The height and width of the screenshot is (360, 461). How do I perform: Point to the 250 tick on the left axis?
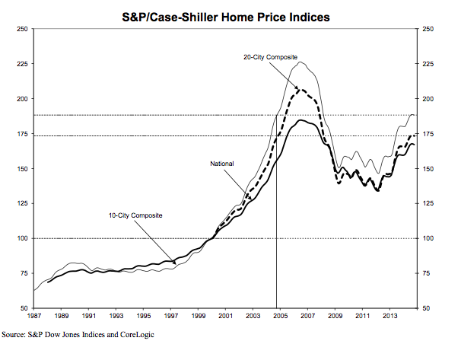click(21, 29)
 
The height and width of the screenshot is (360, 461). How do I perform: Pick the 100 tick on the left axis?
click(21, 238)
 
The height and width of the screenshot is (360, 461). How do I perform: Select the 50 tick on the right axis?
click(425, 308)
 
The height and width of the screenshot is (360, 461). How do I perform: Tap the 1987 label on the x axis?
click(35, 315)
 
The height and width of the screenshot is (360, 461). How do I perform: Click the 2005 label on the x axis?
click(280, 315)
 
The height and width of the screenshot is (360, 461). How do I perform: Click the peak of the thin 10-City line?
click(300, 62)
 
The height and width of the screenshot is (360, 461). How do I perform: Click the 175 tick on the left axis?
click(21, 134)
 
